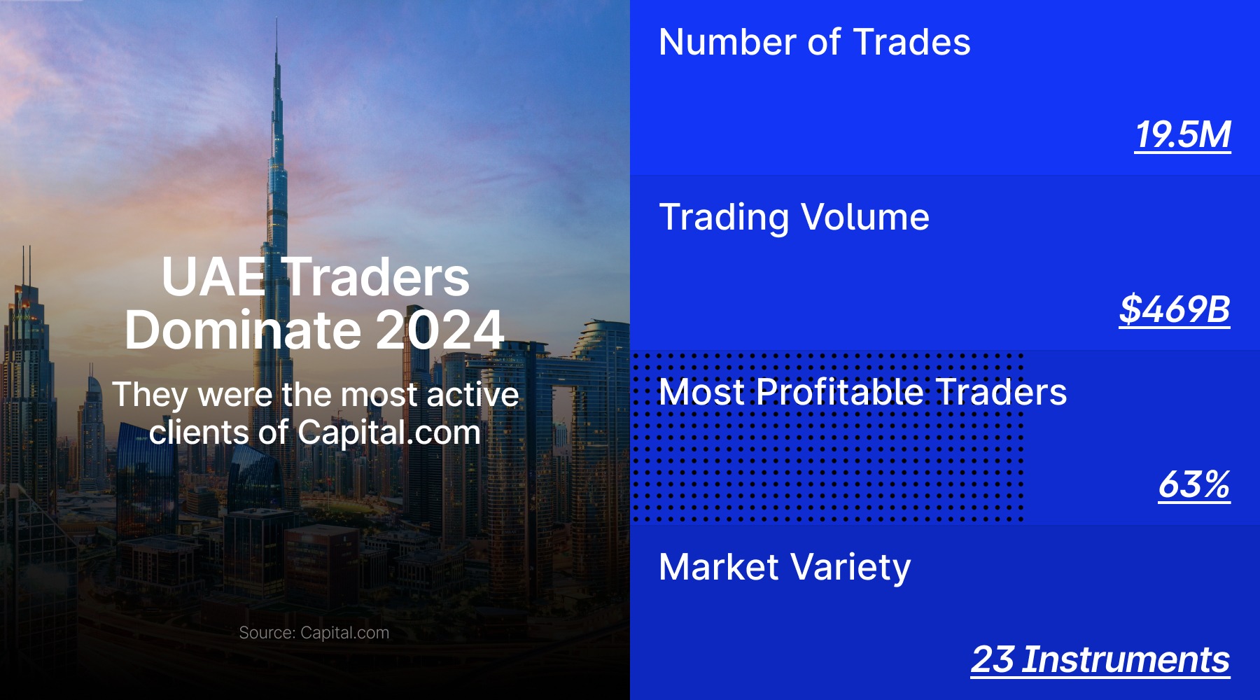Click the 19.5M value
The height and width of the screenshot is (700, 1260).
1182,134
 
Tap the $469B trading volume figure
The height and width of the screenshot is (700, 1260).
1174,309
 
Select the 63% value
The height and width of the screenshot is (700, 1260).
1193,484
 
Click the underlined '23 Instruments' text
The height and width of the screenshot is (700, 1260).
1100,659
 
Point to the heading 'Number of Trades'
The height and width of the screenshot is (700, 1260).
814,42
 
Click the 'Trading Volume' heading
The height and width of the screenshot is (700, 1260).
794,217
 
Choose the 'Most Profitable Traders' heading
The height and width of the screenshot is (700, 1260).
862,392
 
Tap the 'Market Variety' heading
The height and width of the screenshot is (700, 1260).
785,567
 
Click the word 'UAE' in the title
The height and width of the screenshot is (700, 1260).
213,277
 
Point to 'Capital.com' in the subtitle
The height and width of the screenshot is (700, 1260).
388,433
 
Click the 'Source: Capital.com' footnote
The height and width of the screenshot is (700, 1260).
314,633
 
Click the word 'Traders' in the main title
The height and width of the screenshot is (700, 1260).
378,277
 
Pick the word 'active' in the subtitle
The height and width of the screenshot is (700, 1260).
472,395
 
